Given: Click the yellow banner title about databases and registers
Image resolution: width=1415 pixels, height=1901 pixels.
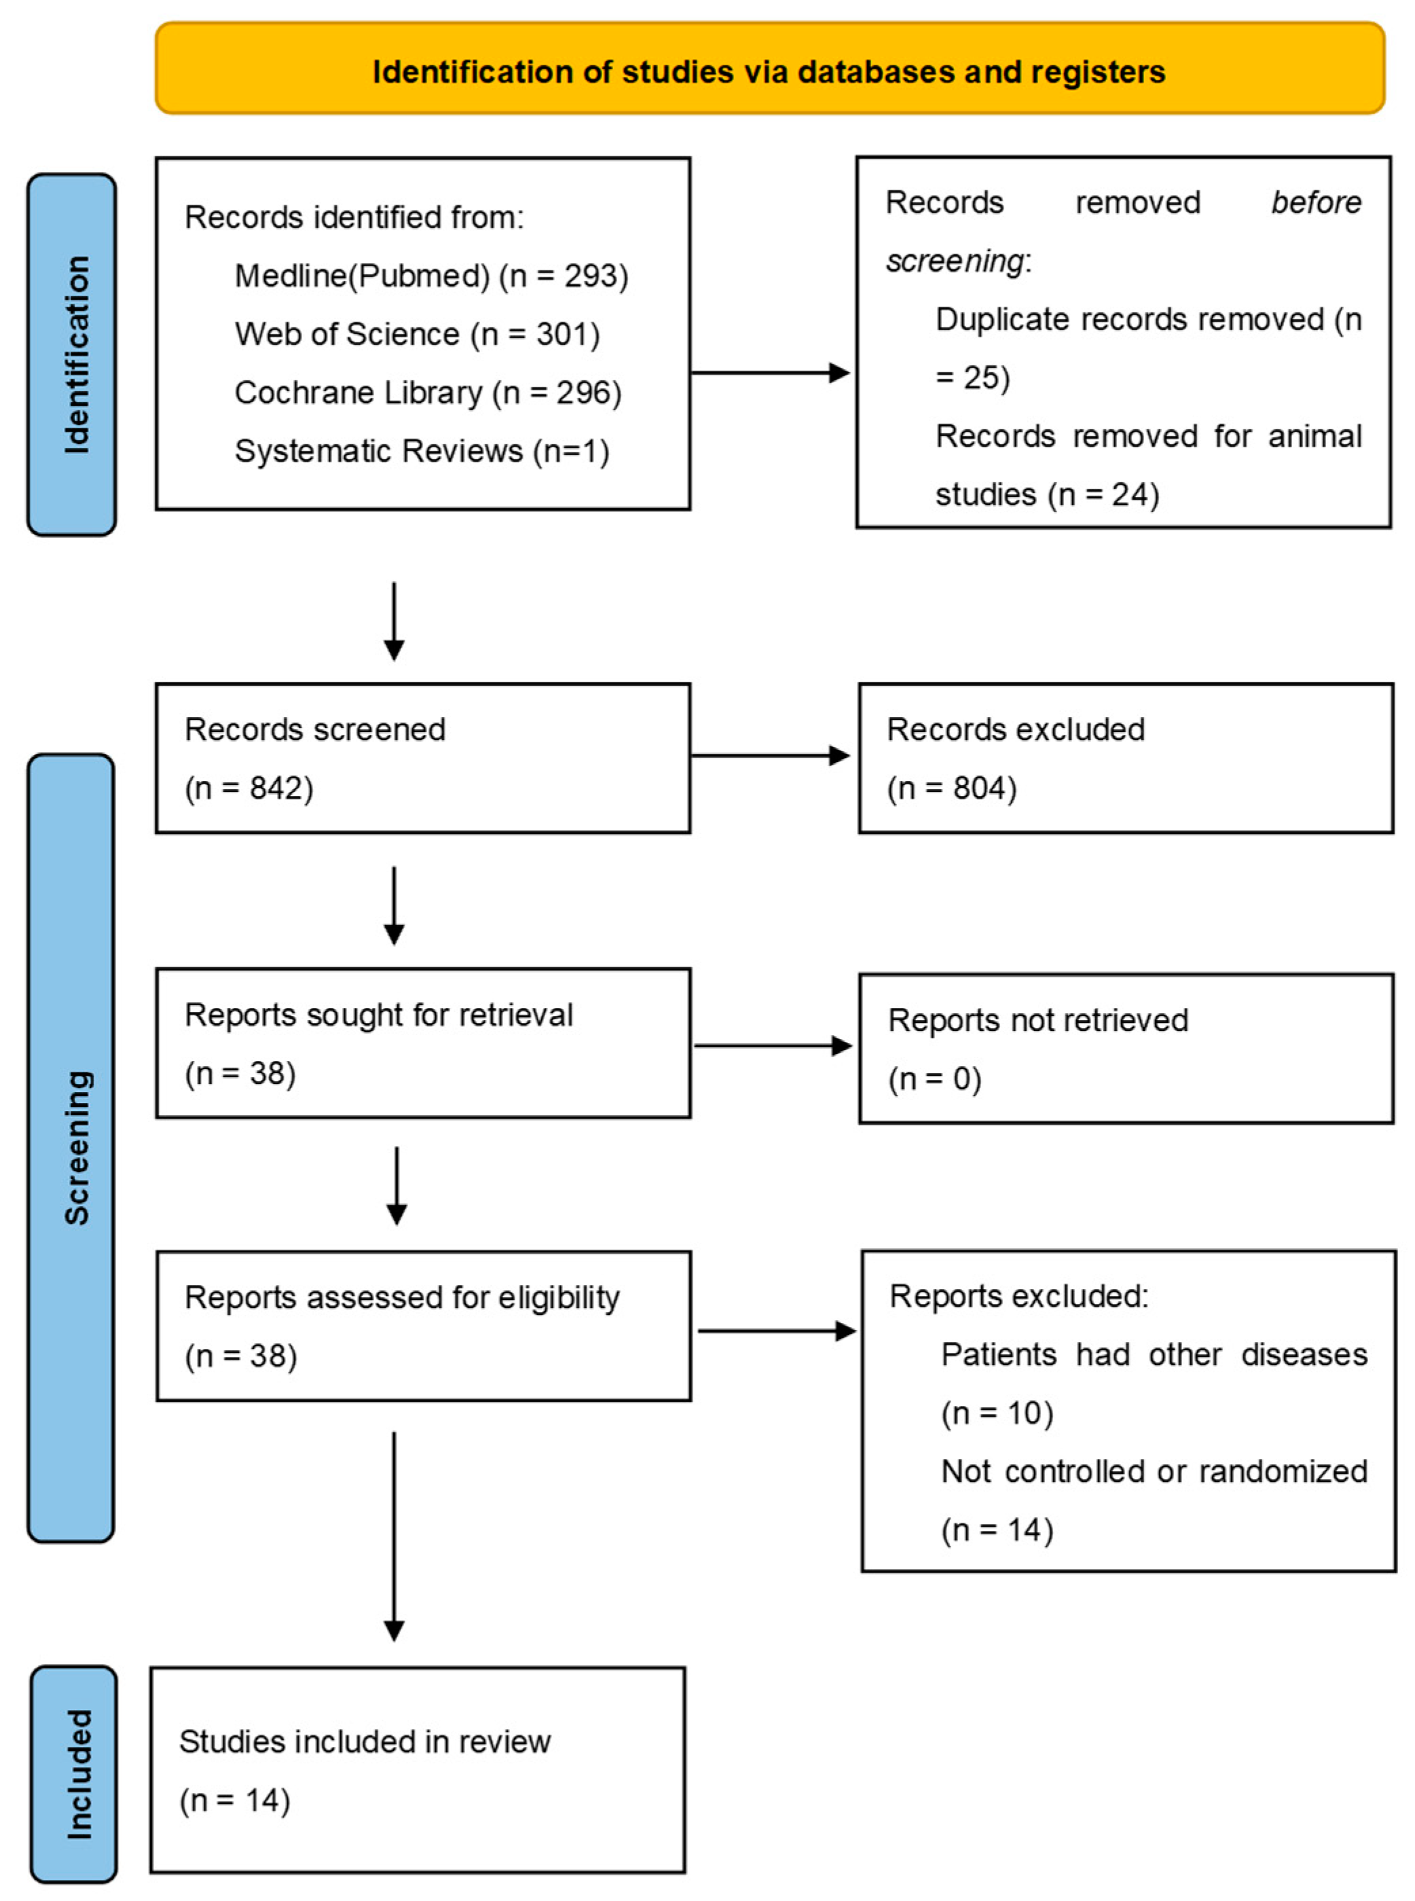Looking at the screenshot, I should (x=769, y=72).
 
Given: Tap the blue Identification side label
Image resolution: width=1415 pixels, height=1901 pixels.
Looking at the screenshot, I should (x=75, y=355).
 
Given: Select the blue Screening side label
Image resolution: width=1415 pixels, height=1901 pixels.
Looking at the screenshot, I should (x=75, y=1148).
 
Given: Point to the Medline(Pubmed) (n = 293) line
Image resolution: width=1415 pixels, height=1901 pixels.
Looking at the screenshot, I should (x=432, y=276).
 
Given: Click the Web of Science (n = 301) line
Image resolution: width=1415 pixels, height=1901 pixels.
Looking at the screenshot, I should (x=417, y=334).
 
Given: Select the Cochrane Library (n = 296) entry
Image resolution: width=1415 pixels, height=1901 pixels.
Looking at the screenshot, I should (x=427, y=393).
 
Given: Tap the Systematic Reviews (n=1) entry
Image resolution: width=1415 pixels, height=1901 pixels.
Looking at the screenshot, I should (x=422, y=450).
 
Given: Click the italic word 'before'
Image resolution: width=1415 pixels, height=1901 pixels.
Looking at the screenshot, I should (x=1316, y=203).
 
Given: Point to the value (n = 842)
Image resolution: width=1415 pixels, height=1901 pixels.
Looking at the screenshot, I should (x=249, y=787).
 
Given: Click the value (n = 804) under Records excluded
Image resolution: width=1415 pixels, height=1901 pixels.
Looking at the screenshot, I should (x=952, y=787).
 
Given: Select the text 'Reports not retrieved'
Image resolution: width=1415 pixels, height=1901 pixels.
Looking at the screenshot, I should (x=1037, y=1020).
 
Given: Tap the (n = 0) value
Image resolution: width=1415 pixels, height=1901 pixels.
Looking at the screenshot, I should (x=934, y=1079).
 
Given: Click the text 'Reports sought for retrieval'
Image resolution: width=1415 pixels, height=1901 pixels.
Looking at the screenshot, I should (x=379, y=1015).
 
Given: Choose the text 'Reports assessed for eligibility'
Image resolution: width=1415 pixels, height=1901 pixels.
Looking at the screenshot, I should (x=402, y=1298).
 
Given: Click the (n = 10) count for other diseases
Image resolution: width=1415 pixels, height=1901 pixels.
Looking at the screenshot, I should (x=997, y=1413).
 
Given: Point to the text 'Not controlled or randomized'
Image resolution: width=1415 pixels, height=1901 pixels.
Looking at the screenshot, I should (x=1154, y=1471).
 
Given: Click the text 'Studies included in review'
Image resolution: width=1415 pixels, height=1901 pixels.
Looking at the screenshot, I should (x=365, y=1741).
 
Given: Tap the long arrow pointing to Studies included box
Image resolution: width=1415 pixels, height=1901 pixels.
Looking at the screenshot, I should (x=394, y=1534).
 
